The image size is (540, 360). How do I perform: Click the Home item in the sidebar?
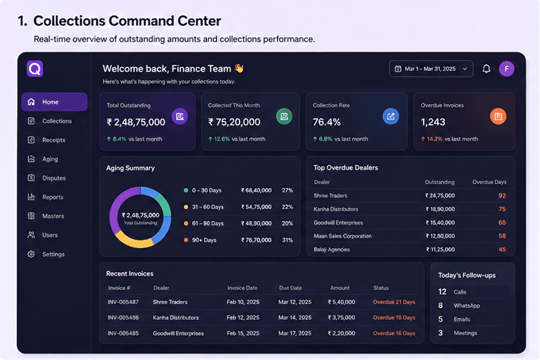coord(54,102)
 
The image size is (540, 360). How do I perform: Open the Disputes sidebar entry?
coord(53,178)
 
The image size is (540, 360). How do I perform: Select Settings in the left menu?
coord(53,254)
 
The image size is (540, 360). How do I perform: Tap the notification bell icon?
coord(487,69)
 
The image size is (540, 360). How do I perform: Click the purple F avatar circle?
coord(507,69)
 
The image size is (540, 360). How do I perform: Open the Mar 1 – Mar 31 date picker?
coord(431,69)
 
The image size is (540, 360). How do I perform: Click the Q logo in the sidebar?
coord(35,69)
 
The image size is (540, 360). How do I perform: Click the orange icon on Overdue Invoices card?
coord(498,116)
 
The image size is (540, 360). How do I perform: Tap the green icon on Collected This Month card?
coord(284,116)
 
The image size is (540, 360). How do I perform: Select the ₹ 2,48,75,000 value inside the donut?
coord(140,215)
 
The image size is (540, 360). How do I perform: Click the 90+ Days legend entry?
coord(204,240)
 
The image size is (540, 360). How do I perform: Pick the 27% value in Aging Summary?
coord(287,191)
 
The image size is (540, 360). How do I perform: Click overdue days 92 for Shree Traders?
coord(502,196)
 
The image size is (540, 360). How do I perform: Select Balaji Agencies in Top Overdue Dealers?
coord(332,249)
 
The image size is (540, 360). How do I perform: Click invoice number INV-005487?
coord(123,302)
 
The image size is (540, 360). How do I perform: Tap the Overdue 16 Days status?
coord(394,334)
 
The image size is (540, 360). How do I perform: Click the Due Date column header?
coord(290,288)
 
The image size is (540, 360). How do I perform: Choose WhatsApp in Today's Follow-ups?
coord(466,306)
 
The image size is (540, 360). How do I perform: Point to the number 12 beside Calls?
coord(442,292)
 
